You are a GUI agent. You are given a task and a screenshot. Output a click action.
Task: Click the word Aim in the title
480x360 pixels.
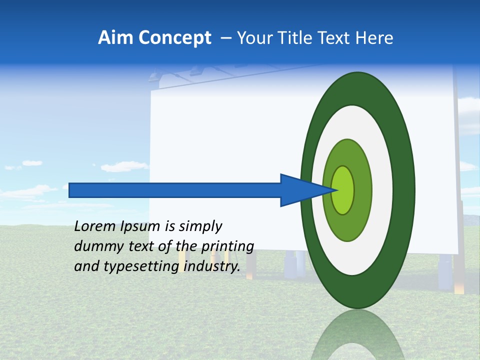tap(115, 38)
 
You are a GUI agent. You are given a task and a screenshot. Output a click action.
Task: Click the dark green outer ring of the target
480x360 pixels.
tap(406, 190)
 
